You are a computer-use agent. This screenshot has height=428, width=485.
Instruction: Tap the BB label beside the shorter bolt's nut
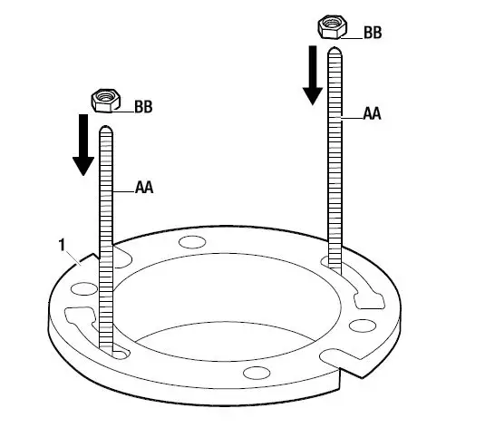143,107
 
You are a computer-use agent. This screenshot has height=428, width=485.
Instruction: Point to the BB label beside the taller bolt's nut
373,33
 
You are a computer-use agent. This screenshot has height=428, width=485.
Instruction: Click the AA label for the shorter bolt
143,189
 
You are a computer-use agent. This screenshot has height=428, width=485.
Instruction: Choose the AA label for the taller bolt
372,114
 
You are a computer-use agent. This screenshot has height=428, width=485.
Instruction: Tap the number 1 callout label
61,245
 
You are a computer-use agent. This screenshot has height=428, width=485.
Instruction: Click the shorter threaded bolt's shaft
106,236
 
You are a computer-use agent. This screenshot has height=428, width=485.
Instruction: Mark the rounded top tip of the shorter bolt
106,128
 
